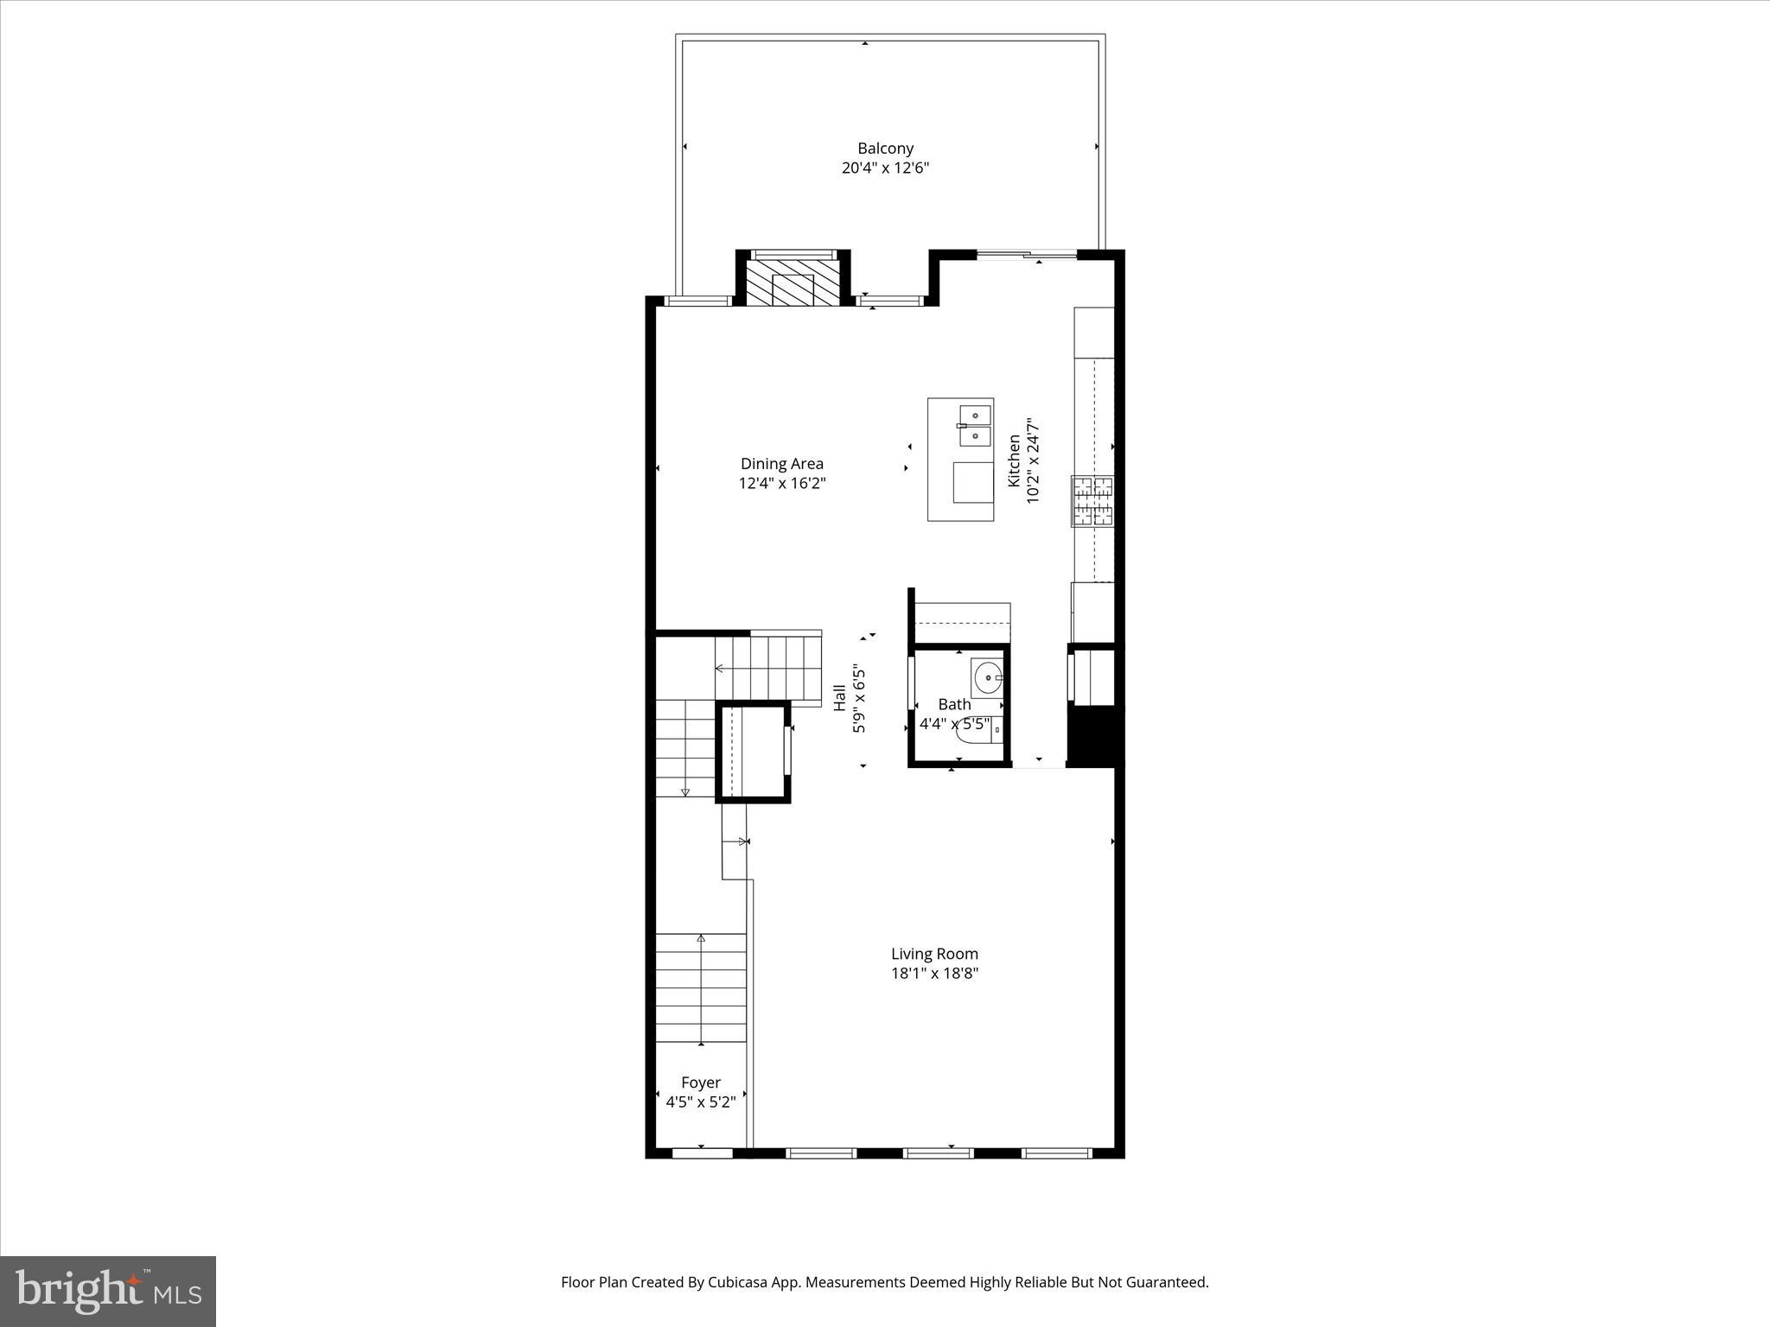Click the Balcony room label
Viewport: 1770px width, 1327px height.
[885, 149]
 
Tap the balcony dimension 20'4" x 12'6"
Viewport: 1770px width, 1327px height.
[885, 168]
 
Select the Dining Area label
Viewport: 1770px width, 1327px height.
[781, 464]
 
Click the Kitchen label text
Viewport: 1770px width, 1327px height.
[1014, 460]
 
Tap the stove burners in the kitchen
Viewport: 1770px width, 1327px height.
[1092, 501]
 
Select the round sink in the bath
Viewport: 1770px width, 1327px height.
[986, 678]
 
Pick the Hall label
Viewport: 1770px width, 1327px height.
[839, 698]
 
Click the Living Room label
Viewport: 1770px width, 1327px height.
[934, 954]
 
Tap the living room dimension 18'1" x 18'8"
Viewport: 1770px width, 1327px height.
[934, 974]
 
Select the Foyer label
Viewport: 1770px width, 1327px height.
[700, 1083]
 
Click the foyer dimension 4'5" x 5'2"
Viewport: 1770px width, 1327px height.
[700, 1102]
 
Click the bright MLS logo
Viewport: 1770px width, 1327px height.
[108, 1291]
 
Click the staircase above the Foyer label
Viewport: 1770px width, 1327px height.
[700, 989]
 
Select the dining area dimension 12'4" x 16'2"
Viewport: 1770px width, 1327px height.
[781, 484]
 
